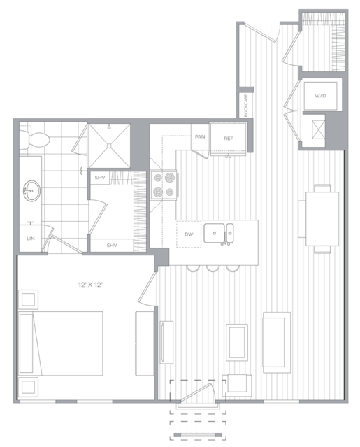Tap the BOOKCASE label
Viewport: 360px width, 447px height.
247,106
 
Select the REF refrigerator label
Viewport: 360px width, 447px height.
228,139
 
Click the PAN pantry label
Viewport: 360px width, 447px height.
200,137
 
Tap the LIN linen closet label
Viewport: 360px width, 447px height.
31,239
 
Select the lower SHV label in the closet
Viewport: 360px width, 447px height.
112,245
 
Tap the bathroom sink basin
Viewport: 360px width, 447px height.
31,189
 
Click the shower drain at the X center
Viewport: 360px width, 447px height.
108,146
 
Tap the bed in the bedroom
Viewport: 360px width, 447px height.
63,343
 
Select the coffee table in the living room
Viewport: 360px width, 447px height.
237,341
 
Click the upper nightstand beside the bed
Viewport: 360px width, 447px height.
29,300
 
